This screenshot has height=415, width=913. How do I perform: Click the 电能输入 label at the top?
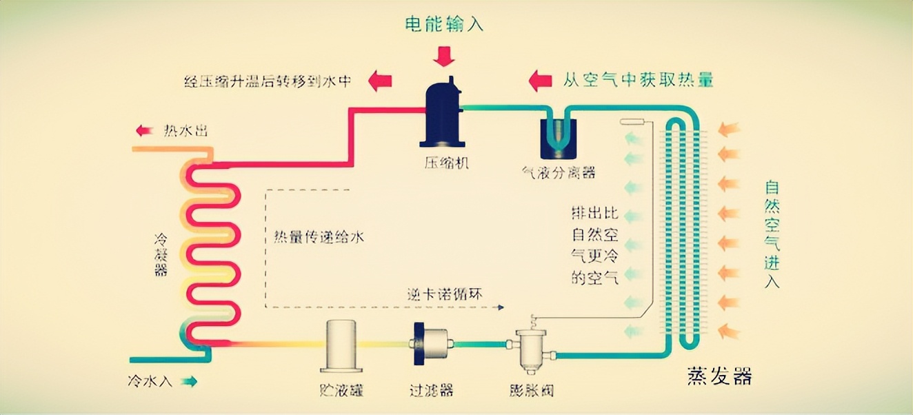[444, 24]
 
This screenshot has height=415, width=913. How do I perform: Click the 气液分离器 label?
[559, 172]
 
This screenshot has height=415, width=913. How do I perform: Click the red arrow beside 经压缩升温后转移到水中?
[379, 81]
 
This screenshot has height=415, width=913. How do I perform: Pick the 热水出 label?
[185, 130]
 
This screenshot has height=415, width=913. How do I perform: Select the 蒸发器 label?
[719, 376]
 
